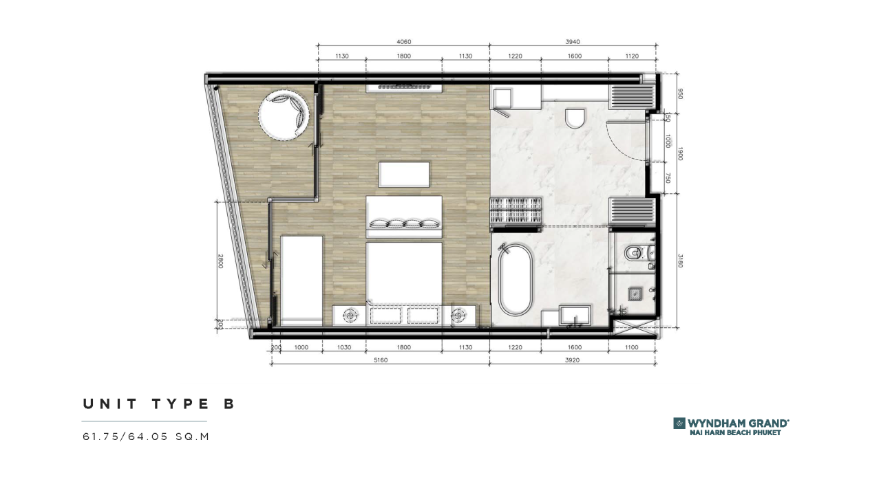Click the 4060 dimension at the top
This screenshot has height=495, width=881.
click(403, 42)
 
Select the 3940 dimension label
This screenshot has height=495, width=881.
click(573, 42)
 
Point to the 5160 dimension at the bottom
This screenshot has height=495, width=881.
click(379, 360)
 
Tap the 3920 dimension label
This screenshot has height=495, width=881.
click(573, 360)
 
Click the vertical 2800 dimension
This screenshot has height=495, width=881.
click(221, 261)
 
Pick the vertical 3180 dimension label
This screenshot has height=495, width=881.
click(680, 261)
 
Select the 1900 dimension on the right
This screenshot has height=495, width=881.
click(680, 154)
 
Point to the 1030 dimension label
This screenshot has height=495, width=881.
click(344, 347)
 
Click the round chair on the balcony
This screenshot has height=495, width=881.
click(283, 115)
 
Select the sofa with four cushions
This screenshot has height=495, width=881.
click(403, 217)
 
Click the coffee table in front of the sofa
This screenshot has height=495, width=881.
click(404, 174)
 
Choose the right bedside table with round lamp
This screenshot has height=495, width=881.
click(458, 315)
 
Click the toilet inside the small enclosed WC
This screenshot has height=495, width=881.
click(634, 254)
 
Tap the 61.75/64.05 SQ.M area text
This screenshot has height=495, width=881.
click(145, 436)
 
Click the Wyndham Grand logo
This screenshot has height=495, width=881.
click(731, 426)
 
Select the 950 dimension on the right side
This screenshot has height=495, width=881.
click(680, 93)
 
